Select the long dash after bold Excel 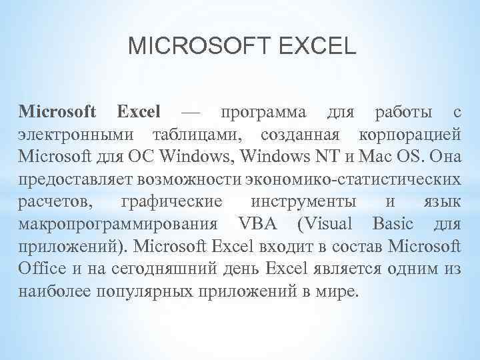[189, 111]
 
